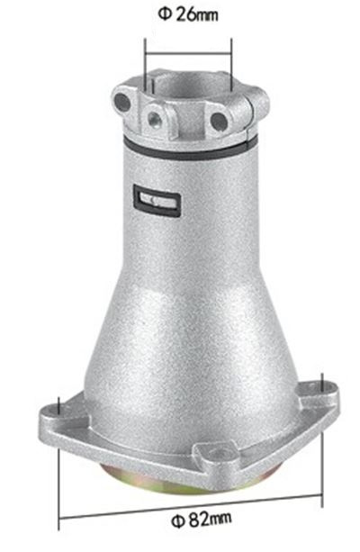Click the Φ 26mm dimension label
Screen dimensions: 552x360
(x=187, y=14)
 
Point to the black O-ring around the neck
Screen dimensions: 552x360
(x=189, y=149)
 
